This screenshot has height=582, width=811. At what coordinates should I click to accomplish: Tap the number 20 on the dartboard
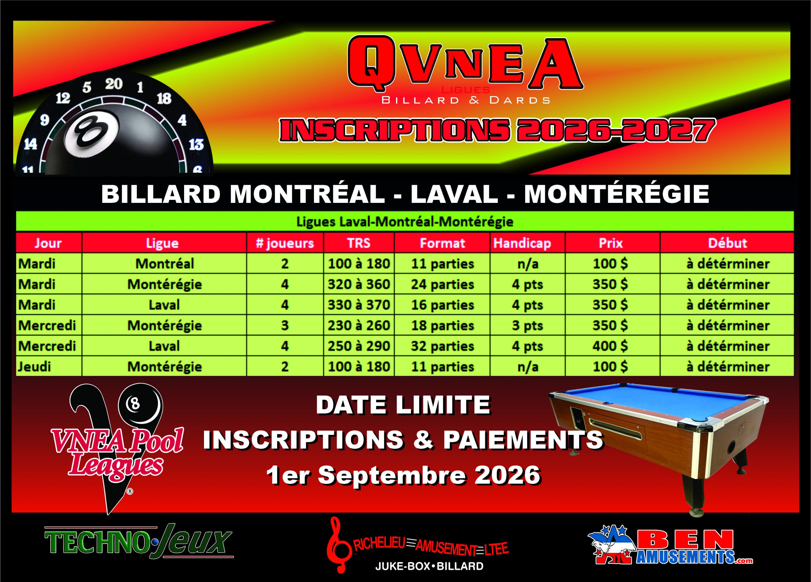point(114,84)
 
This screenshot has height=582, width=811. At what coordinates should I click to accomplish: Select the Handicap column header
point(522,243)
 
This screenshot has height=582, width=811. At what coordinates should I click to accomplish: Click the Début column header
point(727,243)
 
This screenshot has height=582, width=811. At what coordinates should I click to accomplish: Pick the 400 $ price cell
point(610,346)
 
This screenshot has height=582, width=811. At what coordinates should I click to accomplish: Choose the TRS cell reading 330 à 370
point(359,305)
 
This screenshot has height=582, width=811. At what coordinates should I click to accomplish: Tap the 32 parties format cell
point(442,346)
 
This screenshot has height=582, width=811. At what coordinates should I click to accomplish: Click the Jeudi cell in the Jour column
point(34,367)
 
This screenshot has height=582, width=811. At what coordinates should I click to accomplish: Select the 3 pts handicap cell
point(527,326)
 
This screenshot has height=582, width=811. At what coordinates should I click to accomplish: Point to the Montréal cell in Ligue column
point(164,264)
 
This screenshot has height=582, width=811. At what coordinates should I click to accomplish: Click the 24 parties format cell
point(442,284)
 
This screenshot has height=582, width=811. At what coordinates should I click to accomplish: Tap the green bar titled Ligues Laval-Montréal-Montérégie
point(405,222)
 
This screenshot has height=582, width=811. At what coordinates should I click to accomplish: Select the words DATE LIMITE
point(403,404)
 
